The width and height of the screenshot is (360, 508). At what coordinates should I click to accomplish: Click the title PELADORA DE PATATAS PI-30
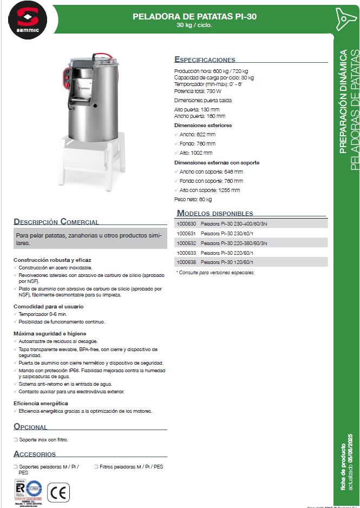tap(194, 17)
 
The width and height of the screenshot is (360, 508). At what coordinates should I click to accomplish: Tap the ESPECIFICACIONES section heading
tap(205, 60)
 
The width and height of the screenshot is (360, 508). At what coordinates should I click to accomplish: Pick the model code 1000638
tap(186, 262)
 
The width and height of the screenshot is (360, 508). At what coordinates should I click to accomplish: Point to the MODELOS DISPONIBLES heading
tap(214, 213)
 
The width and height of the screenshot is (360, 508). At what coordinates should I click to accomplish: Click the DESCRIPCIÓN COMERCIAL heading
tap(56, 222)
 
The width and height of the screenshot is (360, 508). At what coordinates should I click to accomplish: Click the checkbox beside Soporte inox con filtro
tap(16, 440)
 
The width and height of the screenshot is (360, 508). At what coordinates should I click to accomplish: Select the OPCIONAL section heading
tap(30, 427)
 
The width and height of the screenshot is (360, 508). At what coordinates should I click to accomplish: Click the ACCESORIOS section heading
tap(35, 454)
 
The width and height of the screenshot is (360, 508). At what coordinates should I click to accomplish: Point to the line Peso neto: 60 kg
tap(193, 200)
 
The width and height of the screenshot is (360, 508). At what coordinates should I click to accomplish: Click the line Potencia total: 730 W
tap(198, 91)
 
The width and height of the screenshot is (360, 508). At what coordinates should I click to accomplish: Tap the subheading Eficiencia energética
tap(41, 404)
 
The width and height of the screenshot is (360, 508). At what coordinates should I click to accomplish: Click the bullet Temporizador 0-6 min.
tap(43, 314)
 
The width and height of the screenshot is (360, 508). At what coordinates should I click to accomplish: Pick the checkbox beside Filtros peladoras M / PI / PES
tap(95, 466)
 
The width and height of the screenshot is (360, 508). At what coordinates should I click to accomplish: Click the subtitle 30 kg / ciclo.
tap(194, 25)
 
